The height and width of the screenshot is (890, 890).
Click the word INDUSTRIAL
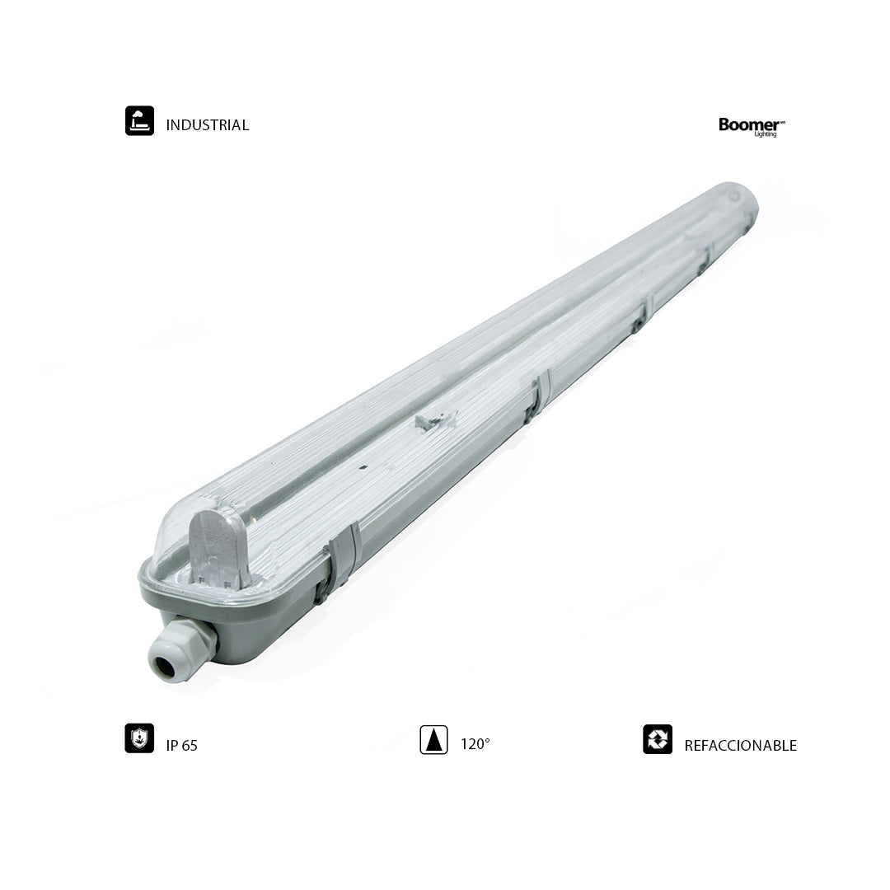point(207,125)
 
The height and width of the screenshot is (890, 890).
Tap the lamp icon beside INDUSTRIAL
point(139,121)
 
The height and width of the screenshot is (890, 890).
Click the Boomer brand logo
point(752,127)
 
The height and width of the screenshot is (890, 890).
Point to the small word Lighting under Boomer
point(765,134)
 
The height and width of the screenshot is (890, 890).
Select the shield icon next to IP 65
point(139,738)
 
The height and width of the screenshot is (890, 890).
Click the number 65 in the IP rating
point(189,745)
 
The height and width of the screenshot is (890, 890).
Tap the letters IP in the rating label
point(171,745)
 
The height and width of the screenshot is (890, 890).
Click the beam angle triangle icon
point(433,739)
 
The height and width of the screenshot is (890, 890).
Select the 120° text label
point(475,744)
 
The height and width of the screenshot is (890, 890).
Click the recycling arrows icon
point(658,739)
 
